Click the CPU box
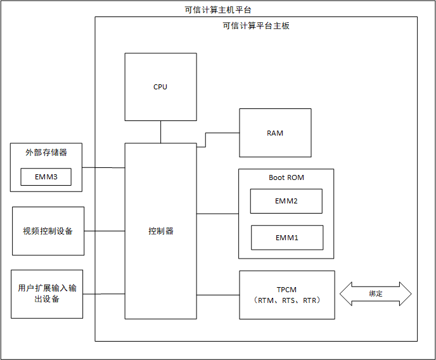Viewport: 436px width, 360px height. (160, 87)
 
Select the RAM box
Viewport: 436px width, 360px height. (275, 133)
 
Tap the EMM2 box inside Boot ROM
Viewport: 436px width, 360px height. (286, 201)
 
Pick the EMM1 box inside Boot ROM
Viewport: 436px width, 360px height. (287, 238)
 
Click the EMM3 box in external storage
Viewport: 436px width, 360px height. (46, 177)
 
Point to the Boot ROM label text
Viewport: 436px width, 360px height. (286, 177)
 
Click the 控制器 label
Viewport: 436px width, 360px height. (160, 231)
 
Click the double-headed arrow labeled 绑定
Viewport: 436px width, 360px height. (376, 294)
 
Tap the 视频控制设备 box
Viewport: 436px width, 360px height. (48, 231)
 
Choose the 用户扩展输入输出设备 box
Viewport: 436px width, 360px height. (47, 293)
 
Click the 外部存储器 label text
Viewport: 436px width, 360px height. (46, 153)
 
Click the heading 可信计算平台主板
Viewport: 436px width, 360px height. (256, 26)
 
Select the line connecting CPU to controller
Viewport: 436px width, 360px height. (160, 132)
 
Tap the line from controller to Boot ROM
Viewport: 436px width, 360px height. (217, 214)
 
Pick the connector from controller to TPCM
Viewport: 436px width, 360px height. (217, 295)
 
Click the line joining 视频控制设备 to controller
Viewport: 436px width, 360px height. (105, 231)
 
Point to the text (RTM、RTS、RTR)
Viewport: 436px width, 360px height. (286, 300)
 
